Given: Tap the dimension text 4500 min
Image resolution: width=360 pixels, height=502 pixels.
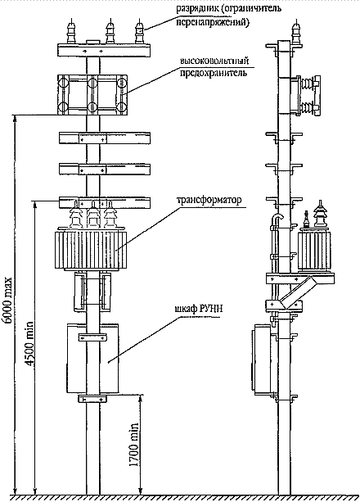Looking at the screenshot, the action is pos(29,343).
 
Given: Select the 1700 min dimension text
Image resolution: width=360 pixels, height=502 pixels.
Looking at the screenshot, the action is pos(133,445).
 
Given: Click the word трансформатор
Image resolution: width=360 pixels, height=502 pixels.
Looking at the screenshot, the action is pos(209,201).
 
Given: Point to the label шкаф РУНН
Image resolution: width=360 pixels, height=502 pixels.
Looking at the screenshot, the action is pos(198,309).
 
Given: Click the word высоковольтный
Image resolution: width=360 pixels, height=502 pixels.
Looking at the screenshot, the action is pos(214,61).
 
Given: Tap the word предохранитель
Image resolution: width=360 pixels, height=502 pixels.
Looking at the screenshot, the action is pos(214,73).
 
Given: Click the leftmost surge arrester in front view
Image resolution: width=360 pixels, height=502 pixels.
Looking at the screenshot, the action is pos(71,31).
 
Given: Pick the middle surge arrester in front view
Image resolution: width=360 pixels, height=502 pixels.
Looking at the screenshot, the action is pos(110,31).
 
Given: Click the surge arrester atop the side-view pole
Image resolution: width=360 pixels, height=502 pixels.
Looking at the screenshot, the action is pos(296,31).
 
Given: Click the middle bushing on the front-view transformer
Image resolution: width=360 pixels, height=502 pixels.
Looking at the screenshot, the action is pos(93,215).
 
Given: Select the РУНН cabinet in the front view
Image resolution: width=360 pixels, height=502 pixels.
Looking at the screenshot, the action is pos(92,359).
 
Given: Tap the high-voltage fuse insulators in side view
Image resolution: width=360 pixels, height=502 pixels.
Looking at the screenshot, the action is pos(308,95).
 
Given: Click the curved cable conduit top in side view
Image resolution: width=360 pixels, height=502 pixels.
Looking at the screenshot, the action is pos(277,217).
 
